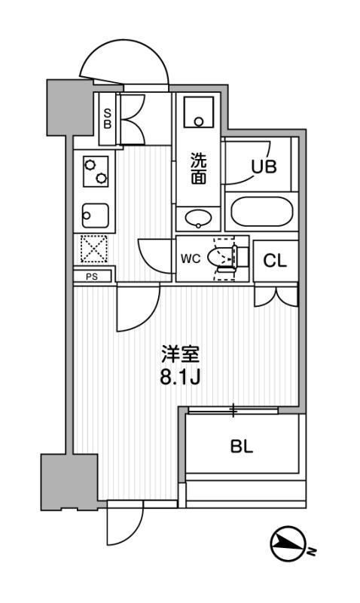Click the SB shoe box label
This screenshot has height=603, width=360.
tap(107, 119)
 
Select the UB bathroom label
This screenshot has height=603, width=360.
tap(263, 167)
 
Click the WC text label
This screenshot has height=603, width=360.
tap(190, 259)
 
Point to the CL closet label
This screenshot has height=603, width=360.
tap(274, 261)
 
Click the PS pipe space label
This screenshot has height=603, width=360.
tap(93, 277)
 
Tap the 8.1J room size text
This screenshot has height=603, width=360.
tap(180, 376)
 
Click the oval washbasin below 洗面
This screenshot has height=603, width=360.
tap(199, 219)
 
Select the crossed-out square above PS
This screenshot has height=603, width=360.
tap(93, 249)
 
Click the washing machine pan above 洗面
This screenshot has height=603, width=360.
tap(199, 113)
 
